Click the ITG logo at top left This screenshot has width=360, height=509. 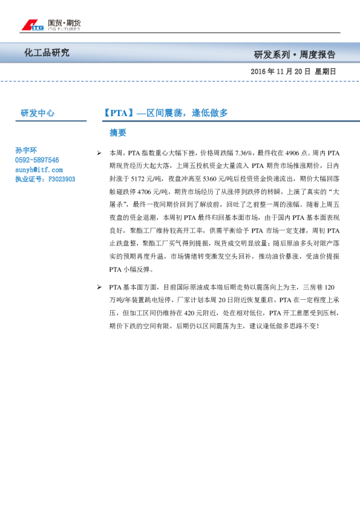[31, 25]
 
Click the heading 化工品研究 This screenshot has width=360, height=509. [47, 53]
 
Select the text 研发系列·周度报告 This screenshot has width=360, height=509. [295, 54]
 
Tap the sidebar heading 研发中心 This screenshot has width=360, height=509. [38, 113]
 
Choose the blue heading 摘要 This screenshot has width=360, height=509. [118, 132]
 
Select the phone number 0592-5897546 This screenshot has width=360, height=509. [37, 160]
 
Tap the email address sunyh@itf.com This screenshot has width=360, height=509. [38, 170]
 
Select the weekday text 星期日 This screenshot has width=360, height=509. [326, 71]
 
